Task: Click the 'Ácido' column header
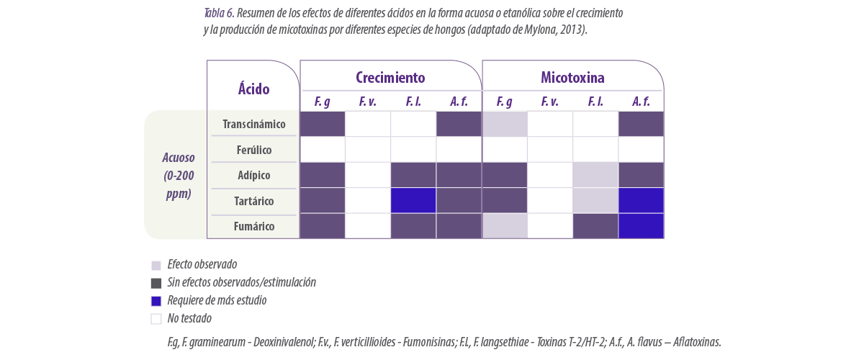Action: (253, 89)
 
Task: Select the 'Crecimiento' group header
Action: (390, 78)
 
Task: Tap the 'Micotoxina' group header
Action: (572, 78)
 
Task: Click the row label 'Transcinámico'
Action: (253, 125)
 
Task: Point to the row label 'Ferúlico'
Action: (253, 150)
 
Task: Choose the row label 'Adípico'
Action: (253, 175)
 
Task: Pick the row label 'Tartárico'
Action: (253, 201)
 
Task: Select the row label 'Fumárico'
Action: (253, 226)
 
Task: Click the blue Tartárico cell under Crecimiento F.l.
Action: (413, 201)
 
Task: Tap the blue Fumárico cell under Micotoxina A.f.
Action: (641, 226)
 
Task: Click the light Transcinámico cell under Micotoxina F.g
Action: (505, 124)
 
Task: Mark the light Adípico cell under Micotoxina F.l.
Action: (595, 175)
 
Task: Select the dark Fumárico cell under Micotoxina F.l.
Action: (595, 226)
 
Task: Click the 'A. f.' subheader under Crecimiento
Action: (459, 102)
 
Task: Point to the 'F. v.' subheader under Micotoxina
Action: (549, 102)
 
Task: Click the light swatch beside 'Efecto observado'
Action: (156, 266)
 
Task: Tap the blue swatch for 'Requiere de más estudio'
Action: (156, 301)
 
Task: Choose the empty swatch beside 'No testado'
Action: (156, 319)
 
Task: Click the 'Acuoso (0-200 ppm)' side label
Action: (179, 176)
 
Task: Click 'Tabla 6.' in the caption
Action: (219, 13)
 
